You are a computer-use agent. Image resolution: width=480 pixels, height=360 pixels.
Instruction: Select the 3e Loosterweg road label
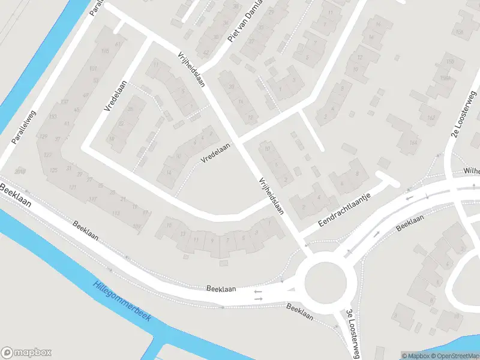(352, 334)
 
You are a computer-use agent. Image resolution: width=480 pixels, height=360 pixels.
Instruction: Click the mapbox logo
(26, 353)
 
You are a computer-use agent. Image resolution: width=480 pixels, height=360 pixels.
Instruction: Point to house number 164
(412, 143)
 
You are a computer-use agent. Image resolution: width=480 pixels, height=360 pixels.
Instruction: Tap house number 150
(450, 62)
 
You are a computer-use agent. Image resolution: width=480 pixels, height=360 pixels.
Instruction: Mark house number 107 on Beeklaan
(137, 226)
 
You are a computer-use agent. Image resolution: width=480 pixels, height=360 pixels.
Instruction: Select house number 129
(43, 137)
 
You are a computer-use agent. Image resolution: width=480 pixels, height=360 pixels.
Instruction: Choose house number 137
(65, 101)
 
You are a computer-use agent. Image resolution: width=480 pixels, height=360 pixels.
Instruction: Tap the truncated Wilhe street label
(472, 172)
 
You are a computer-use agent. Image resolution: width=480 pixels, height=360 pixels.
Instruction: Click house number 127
(47, 155)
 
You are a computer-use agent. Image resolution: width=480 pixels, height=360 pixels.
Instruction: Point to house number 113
(116, 214)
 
